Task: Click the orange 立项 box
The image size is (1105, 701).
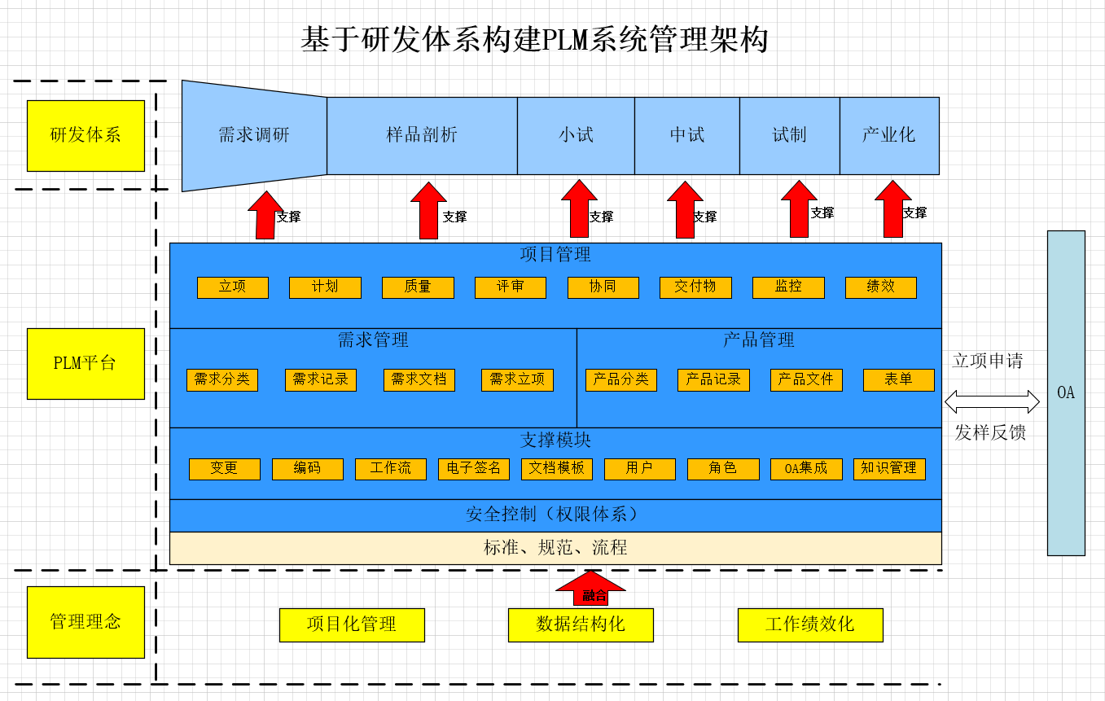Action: [232, 287]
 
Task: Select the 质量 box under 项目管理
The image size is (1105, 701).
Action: [418, 287]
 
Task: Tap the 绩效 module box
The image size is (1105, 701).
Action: [880, 287]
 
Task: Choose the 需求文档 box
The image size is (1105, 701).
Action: [419, 380]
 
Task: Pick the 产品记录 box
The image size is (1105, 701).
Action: [713, 380]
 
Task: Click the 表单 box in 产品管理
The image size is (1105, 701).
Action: [898, 380]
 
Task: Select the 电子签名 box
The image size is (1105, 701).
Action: [474, 469]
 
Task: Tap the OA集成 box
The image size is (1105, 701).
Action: [806, 469]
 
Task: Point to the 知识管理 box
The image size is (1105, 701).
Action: [889, 469]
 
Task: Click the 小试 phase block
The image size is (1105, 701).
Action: [576, 135]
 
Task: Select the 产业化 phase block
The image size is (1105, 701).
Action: [888, 135]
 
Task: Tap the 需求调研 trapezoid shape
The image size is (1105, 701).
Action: [254, 135]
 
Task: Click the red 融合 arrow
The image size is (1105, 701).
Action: [591, 589]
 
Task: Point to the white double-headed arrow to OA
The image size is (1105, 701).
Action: [992, 401]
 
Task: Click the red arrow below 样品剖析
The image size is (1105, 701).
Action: [428, 211]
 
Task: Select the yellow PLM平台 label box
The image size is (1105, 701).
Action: [86, 364]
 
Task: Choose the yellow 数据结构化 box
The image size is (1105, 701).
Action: [581, 625]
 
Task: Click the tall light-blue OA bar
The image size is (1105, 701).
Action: [1066, 392]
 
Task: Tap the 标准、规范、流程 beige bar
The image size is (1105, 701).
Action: [555, 548]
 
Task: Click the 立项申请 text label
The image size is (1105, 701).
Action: [988, 361]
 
